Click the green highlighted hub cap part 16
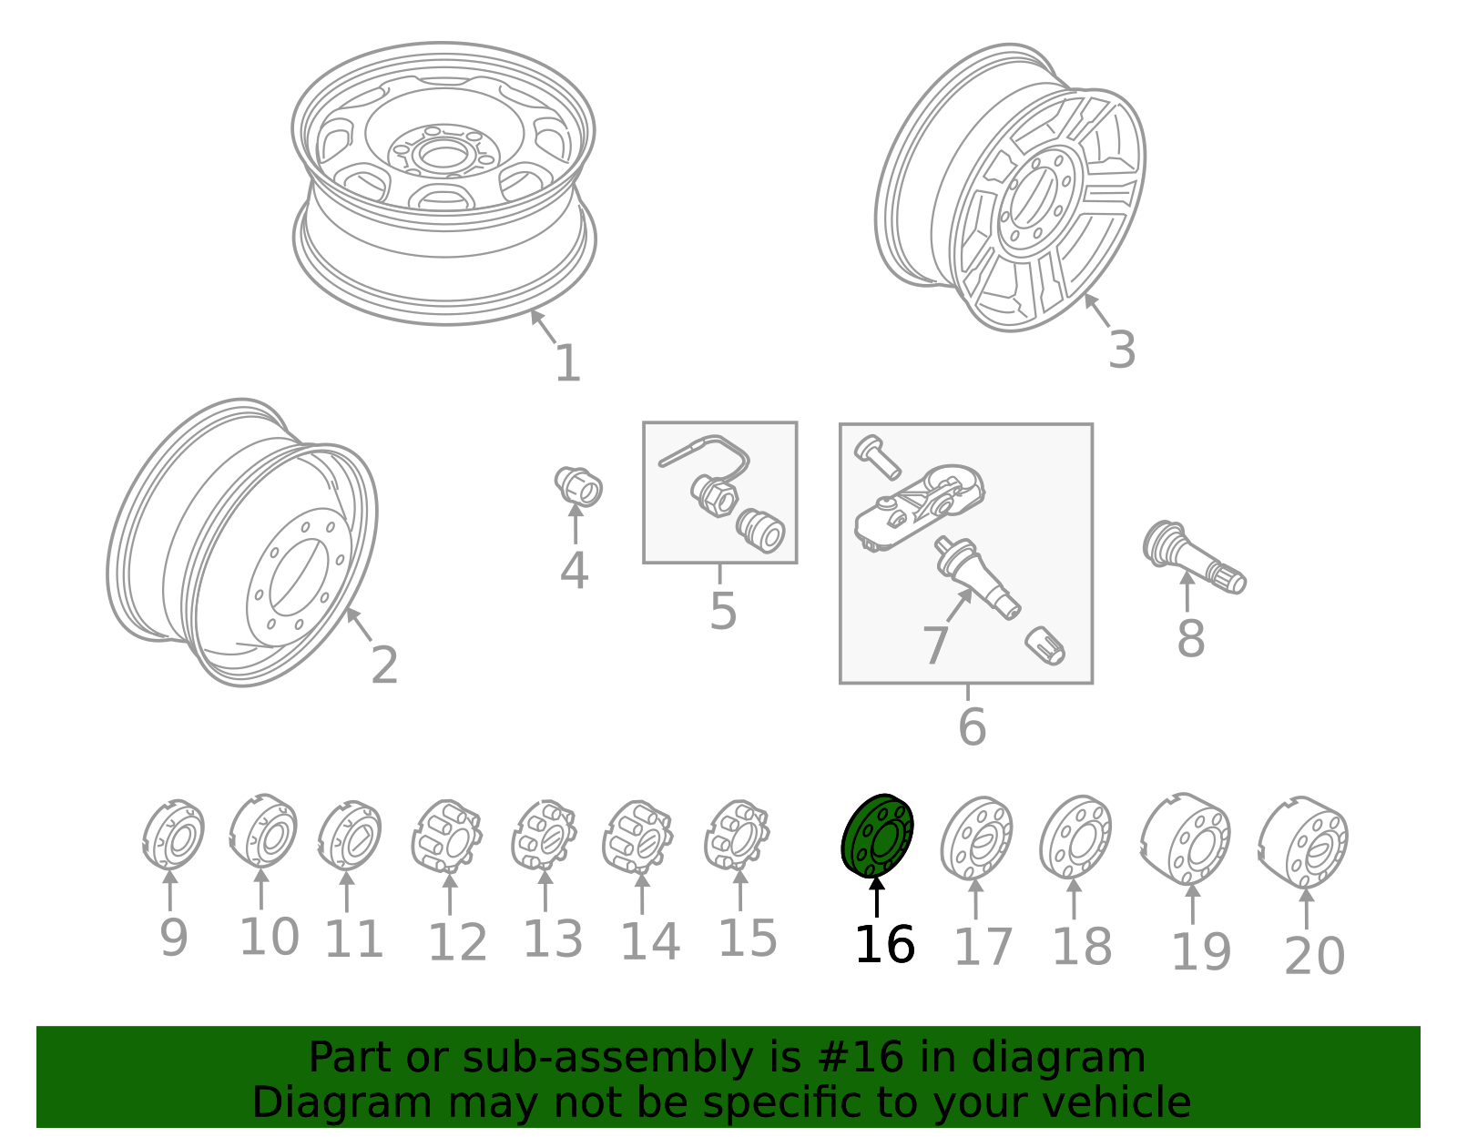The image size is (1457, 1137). [877, 836]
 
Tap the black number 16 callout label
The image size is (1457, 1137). [884, 945]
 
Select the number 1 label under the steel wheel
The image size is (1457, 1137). [567, 363]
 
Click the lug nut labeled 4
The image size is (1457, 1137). [578, 486]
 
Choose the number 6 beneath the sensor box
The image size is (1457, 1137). [972, 727]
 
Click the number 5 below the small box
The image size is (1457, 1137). [722, 611]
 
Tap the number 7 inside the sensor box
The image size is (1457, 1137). [935, 645]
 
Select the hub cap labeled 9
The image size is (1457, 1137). [173, 835]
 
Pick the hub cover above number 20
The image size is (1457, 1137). [1304, 841]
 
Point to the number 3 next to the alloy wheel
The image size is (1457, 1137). [1122, 350]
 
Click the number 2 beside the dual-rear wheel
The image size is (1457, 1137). [384, 665]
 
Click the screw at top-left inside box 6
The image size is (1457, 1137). [877, 454]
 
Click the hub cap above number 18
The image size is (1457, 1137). [1075, 837]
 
